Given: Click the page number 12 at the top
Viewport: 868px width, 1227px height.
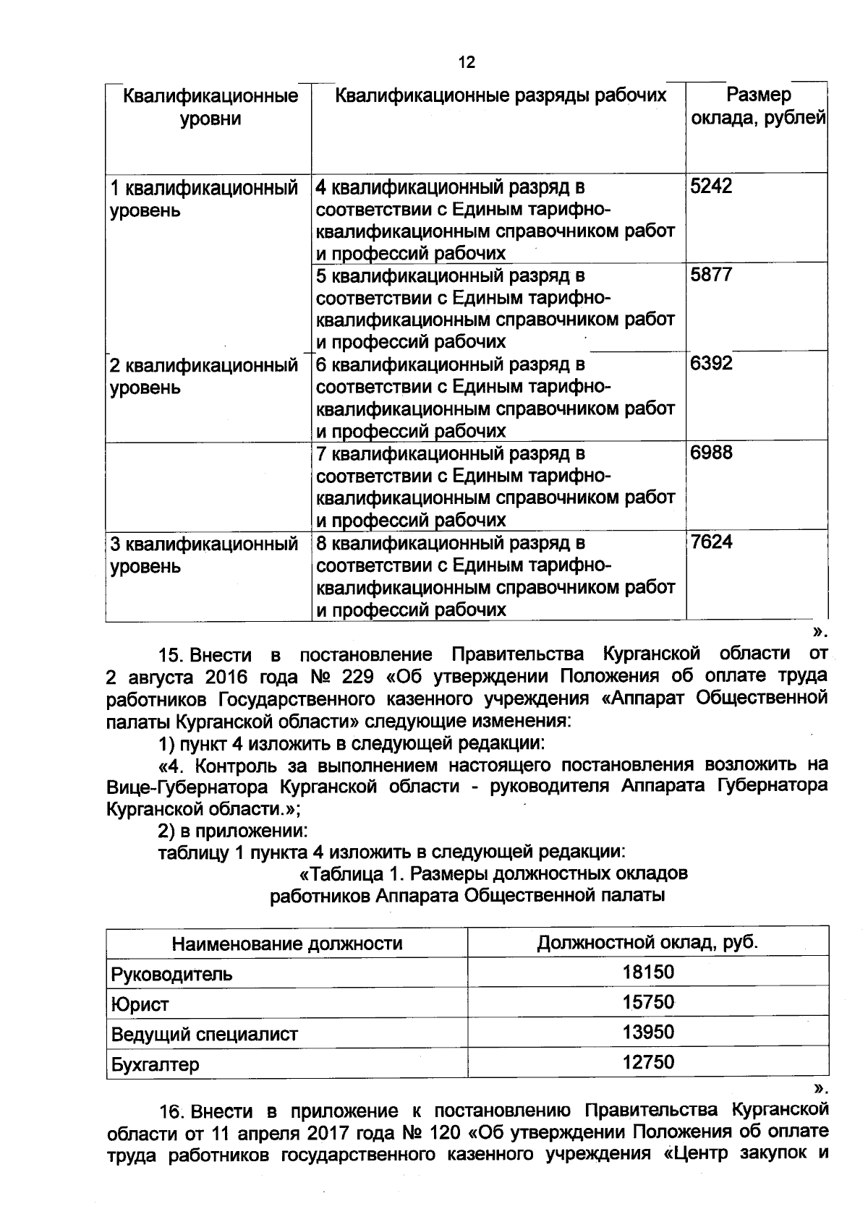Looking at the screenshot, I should point(467,62).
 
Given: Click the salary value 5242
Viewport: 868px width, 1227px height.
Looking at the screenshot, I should point(711,186).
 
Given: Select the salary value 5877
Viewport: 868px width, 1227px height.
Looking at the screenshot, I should point(711,274).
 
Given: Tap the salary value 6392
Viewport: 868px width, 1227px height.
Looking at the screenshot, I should point(711,363).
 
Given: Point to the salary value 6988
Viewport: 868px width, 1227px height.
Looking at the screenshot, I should point(711,453).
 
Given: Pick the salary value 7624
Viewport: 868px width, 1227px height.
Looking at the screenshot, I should point(711,542).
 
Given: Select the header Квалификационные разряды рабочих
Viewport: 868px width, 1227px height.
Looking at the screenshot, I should point(499,95).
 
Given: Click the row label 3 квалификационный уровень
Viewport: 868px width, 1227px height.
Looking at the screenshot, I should point(204,554).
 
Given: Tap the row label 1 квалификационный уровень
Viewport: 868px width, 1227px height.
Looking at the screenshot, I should point(204,199).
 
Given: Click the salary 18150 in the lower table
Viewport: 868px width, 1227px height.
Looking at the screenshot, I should point(648,972).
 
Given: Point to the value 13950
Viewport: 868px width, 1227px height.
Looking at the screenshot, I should point(648,1032).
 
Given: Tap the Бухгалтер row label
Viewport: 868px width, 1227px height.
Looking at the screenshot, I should point(155,1064).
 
